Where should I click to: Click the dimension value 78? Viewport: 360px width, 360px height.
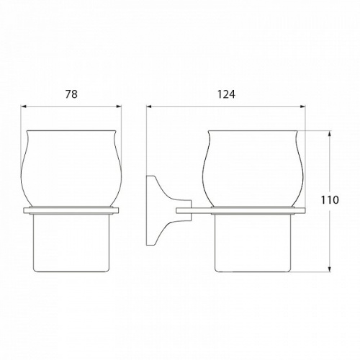point(71,94)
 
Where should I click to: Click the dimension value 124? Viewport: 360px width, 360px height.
point(226,94)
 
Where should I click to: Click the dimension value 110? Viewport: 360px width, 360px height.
point(330,199)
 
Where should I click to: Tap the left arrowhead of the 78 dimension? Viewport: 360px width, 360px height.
point(24,107)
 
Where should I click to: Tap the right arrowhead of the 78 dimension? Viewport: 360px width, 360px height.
point(119,107)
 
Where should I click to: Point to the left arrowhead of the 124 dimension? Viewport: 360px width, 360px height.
point(149,107)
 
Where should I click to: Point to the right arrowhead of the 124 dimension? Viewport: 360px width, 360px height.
point(302,107)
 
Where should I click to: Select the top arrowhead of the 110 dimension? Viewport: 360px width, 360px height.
point(330,133)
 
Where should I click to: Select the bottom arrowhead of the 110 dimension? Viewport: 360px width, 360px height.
point(330,269)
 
